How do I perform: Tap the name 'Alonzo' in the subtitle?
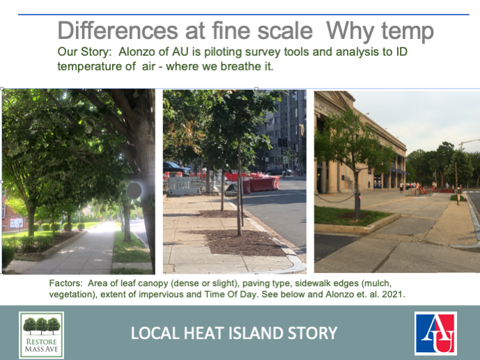pos(139,52)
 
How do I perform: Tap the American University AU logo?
pos(435,333)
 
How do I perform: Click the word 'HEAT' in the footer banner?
pos(207,334)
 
